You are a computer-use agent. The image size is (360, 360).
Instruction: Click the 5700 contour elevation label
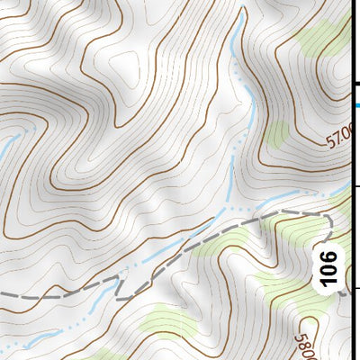[335, 140]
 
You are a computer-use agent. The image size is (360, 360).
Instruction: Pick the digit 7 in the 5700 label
[333, 139]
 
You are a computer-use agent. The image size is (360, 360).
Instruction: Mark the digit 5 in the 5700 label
[327, 136]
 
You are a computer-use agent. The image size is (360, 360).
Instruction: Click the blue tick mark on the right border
[355, 106]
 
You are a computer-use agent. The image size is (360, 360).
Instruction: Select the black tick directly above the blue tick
[355, 84]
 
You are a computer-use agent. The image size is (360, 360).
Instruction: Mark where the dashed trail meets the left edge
[3, 294]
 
